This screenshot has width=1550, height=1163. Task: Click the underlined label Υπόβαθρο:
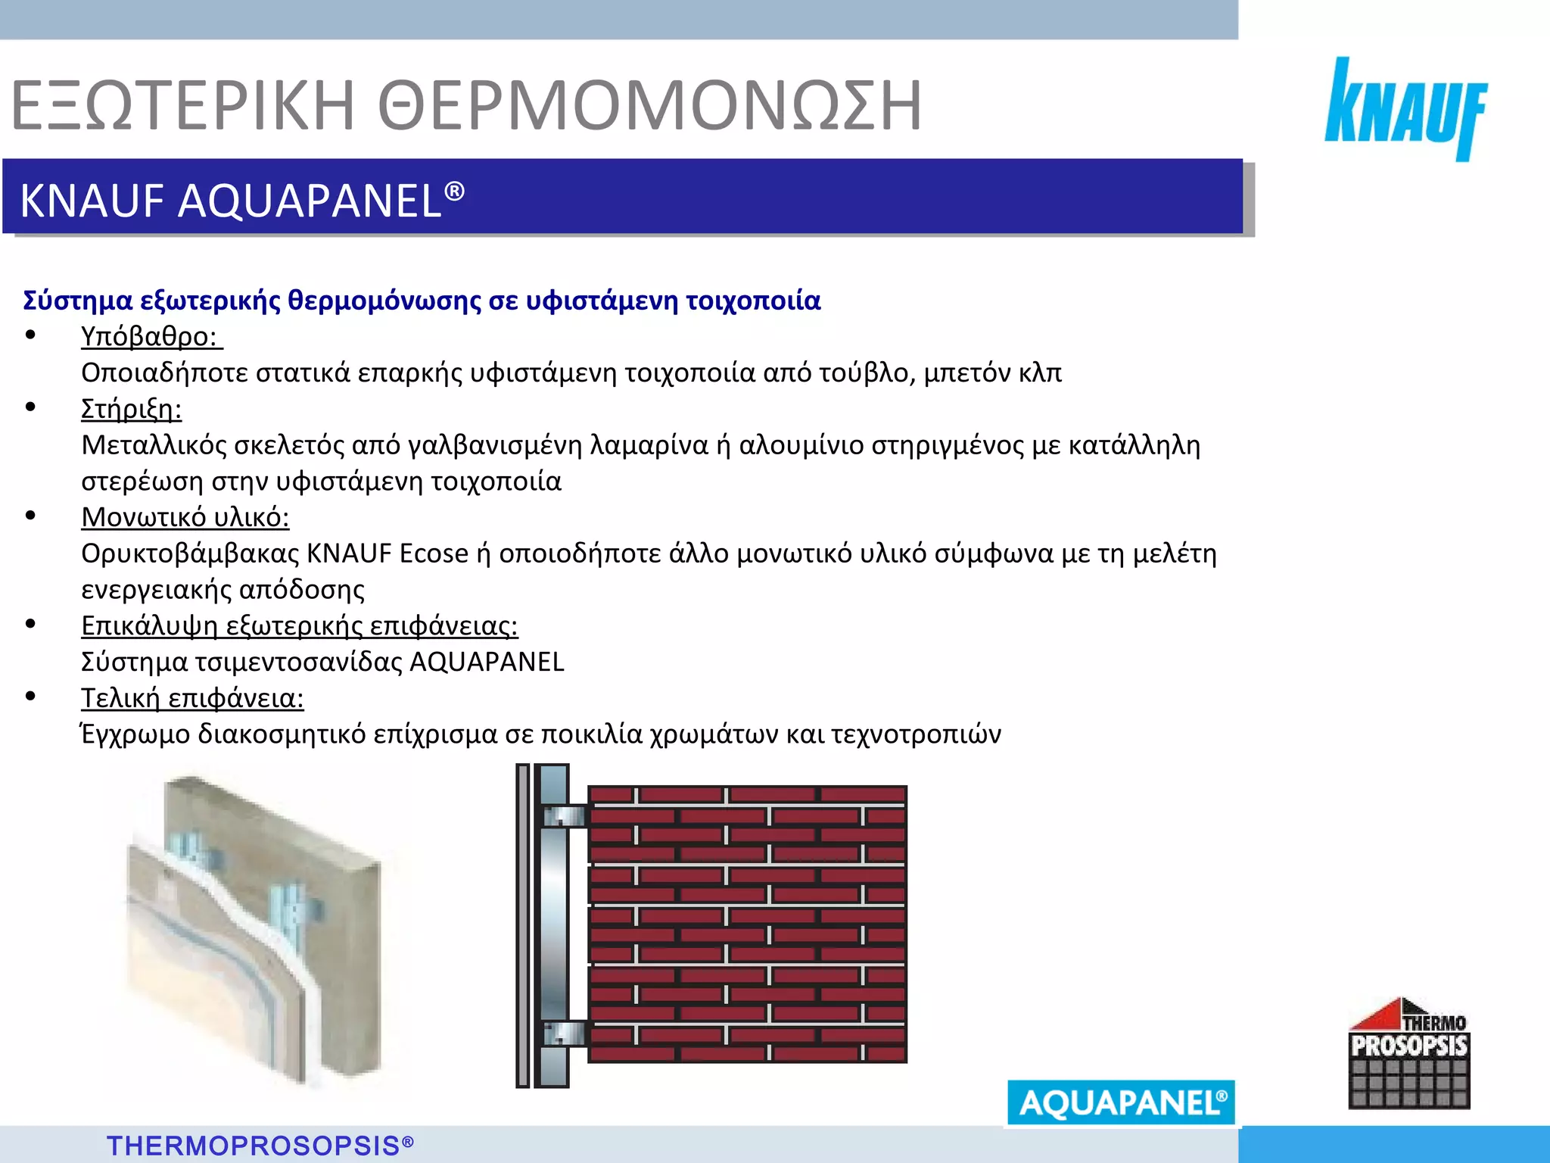point(151,336)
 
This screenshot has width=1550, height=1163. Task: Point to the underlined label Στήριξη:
point(131,409)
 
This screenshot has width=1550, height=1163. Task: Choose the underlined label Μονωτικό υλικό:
point(185,517)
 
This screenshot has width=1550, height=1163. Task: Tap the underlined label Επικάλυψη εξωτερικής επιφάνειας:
point(299,625)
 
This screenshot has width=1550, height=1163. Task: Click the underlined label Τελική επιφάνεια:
point(192,698)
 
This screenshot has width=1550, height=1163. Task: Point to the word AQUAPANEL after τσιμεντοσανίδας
point(487,662)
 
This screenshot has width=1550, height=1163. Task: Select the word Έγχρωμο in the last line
point(135,734)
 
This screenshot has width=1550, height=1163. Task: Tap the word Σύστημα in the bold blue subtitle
point(78,301)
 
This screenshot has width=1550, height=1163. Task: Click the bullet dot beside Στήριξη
point(31,407)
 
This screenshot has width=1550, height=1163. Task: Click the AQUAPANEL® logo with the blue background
point(1121,1102)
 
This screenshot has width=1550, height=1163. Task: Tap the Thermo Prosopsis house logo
point(1408,1053)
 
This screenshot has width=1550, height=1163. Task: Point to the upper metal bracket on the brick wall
point(565,816)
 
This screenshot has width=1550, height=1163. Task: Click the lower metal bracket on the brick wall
point(565,1033)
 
